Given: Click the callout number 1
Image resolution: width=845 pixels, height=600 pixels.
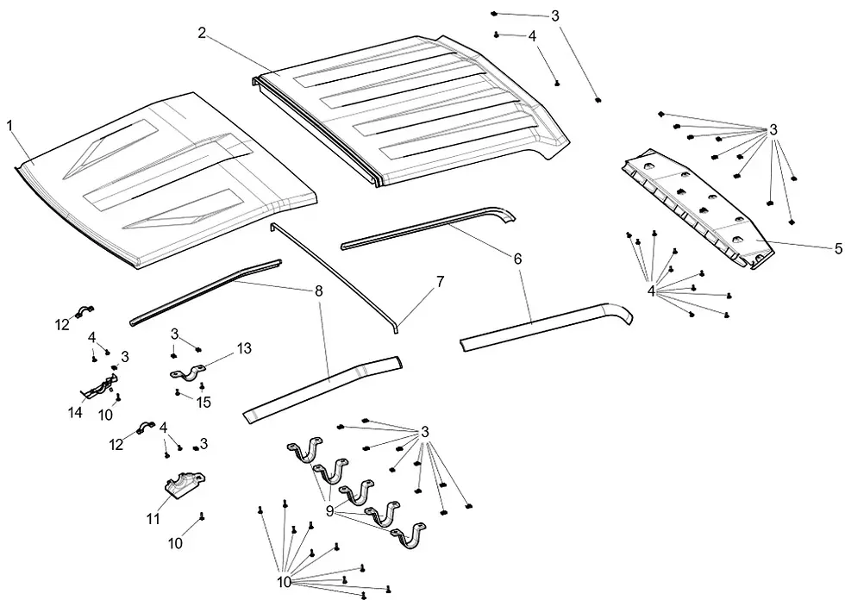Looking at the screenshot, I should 9,126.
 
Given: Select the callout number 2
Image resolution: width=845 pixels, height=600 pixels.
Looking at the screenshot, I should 201,33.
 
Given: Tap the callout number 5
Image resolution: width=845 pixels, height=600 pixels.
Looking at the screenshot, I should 837,248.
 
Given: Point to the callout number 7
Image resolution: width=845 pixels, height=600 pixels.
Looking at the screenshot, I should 440,281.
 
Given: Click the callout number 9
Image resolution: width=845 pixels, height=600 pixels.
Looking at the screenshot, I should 329,510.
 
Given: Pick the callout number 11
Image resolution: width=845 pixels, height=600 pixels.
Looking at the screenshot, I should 153,521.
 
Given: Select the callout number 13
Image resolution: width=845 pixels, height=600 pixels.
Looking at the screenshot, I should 244,347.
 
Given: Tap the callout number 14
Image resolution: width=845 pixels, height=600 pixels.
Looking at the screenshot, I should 76,413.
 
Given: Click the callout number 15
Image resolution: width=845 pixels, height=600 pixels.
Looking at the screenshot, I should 203,403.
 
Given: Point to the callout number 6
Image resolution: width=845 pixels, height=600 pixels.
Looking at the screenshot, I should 517,258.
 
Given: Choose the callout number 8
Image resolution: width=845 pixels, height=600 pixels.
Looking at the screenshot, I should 319,291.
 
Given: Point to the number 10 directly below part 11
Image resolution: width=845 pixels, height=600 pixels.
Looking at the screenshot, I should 175,544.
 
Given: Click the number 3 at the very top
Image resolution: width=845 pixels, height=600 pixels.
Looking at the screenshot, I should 554,16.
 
